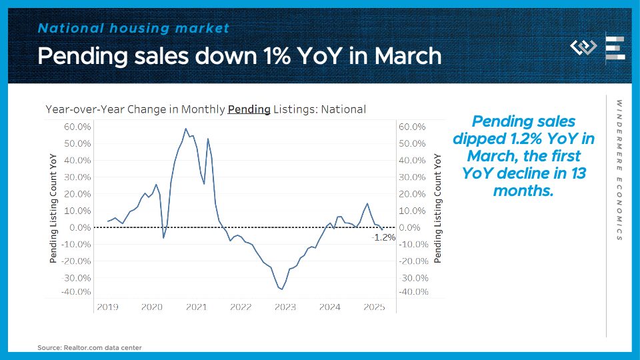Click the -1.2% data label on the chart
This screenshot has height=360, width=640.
383,237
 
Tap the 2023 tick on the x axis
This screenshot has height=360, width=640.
285,307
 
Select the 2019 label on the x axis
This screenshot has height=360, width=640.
107,307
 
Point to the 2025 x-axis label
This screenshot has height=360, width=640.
374,307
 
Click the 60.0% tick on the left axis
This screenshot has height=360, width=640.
77,127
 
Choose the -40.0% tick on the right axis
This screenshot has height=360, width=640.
412,292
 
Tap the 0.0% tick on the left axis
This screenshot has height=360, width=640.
80,227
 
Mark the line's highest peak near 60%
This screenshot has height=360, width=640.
185,129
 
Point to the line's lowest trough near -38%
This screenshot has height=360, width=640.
282,289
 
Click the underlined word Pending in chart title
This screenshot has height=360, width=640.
249,109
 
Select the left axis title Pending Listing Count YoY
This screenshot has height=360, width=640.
54,208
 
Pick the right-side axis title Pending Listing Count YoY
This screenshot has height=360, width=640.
438,208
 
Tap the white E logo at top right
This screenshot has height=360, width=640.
615,47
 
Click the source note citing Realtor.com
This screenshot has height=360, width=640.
89,347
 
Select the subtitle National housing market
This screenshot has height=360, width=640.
133,28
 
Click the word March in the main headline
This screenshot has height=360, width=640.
408,56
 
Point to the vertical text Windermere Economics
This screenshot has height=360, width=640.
619,170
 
